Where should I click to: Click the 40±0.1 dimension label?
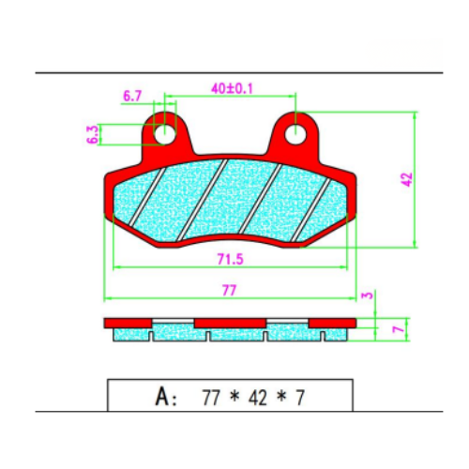pyautogui.click(x=232, y=88)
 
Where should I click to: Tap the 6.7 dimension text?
pyautogui.click(x=132, y=96)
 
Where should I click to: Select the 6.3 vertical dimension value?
pyautogui.click(x=93, y=134)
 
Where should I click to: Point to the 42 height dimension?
pyautogui.click(x=407, y=179)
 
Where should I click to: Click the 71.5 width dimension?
pyautogui.click(x=230, y=259)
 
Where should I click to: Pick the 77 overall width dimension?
pyautogui.click(x=229, y=291)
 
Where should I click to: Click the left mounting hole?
pyautogui.click(x=165, y=134)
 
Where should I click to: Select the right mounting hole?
pyautogui.click(x=295, y=134)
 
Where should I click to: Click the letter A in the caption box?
pyautogui.click(x=162, y=397)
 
